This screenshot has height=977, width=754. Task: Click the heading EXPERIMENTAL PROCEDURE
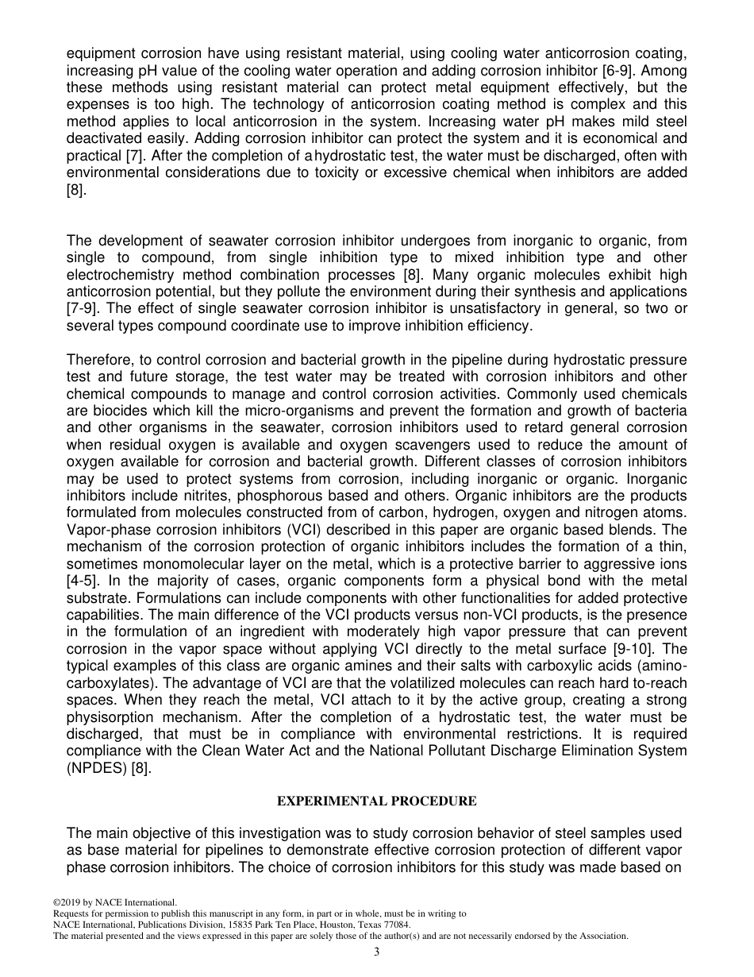(376, 801)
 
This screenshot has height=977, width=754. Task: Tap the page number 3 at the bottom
(376, 952)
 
